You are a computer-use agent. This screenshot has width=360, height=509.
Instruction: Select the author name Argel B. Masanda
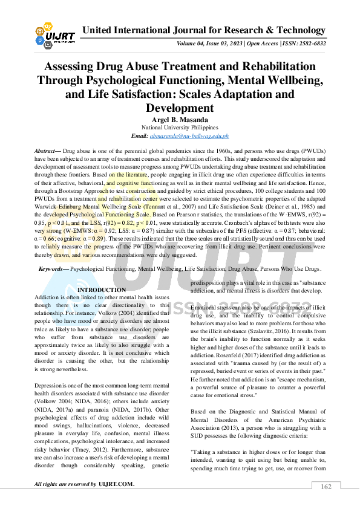180,120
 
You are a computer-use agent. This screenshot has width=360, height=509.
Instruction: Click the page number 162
326,487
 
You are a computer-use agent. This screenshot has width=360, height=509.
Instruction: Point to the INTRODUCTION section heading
102,290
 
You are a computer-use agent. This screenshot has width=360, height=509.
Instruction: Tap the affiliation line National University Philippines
180,128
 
